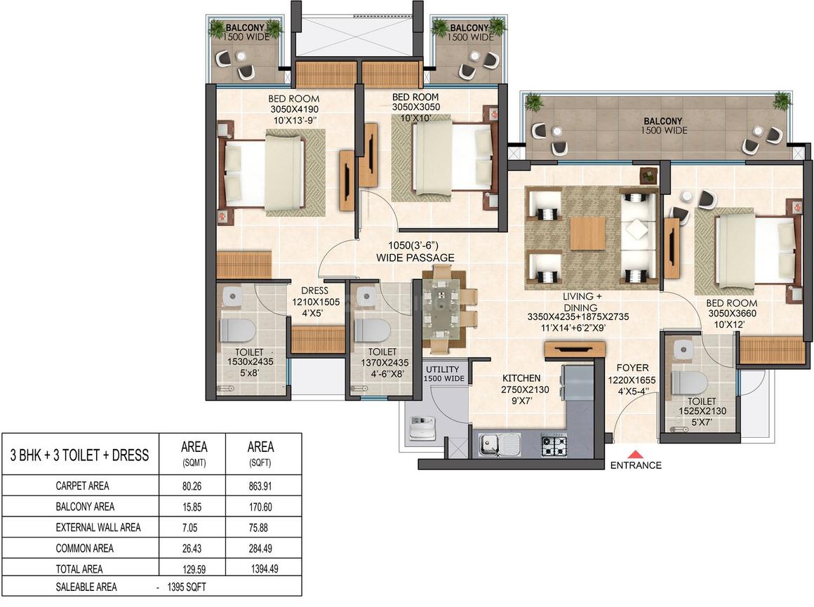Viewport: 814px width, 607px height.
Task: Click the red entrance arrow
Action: point(635,453)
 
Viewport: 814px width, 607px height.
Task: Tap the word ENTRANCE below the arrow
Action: point(635,465)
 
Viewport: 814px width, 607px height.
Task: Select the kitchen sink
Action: point(499,443)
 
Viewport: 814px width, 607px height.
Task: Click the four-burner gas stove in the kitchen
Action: point(554,443)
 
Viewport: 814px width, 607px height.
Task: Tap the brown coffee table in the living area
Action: point(587,234)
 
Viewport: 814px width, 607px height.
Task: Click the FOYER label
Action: point(632,368)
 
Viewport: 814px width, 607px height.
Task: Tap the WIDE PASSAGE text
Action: point(415,258)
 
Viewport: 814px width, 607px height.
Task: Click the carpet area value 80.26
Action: point(193,485)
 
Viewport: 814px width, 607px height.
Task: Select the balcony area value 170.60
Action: point(260,506)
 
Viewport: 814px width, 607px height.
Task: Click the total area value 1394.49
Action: point(261,569)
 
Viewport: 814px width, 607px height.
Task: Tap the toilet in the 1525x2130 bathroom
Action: point(686,382)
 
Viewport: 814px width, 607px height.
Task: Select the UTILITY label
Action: point(442,369)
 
